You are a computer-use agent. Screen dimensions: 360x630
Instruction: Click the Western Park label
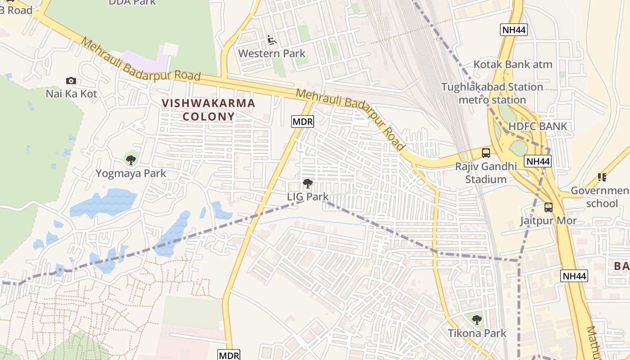pyautogui.click(x=272, y=54)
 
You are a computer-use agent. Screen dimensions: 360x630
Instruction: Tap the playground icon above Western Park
pyautogui.click(x=272, y=41)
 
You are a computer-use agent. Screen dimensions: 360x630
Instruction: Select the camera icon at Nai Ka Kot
pyautogui.click(x=71, y=81)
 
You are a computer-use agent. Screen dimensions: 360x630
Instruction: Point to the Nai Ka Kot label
pyautogui.click(x=72, y=94)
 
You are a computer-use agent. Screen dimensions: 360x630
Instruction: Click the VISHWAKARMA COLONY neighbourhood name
pyautogui.click(x=208, y=110)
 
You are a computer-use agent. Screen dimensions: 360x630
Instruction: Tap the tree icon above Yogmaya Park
pyautogui.click(x=130, y=160)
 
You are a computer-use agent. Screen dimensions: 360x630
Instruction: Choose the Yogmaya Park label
pyautogui.click(x=130, y=173)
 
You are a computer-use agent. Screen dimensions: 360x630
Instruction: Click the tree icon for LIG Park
pyautogui.click(x=308, y=184)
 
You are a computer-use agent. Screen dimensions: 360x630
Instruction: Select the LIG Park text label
pyautogui.click(x=308, y=197)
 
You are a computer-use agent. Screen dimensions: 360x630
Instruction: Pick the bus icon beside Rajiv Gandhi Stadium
pyautogui.click(x=486, y=153)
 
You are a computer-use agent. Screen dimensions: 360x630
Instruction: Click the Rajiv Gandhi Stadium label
pyautogui.click(x=486, y=173)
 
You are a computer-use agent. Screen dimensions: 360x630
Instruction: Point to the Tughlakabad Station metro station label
pyautogui.click(x=492, y=93)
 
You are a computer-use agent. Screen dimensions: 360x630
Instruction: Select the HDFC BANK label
pyautogui.click(x=538, y=126)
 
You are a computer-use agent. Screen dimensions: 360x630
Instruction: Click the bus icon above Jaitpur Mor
pyautogui.click(x=548, y=207)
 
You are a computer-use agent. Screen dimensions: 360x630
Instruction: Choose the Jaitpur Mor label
pyautogui.click(x=549, y=221)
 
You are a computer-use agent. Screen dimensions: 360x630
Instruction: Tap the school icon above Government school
pyautogui.click(x=602, y=177)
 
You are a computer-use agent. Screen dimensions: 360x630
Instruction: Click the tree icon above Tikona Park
pyautogui.click(x=477, y=320)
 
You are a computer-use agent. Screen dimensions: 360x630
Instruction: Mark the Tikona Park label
pyautogui.click(x=477, y=333)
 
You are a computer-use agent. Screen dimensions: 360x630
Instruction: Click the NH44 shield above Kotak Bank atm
pyautogui.click(x=514, y=30)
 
